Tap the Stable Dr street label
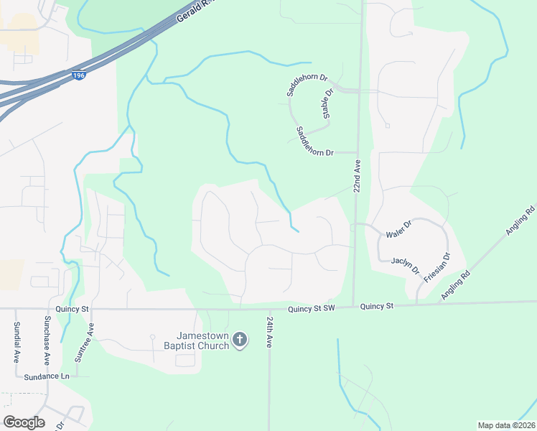329,104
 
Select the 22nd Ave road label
357,176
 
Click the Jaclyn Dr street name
406,265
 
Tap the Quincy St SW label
312,309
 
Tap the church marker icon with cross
241,340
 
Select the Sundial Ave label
16,342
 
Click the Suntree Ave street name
91,340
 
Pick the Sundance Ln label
46,376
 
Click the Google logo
24,422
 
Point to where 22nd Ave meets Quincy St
353,305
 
